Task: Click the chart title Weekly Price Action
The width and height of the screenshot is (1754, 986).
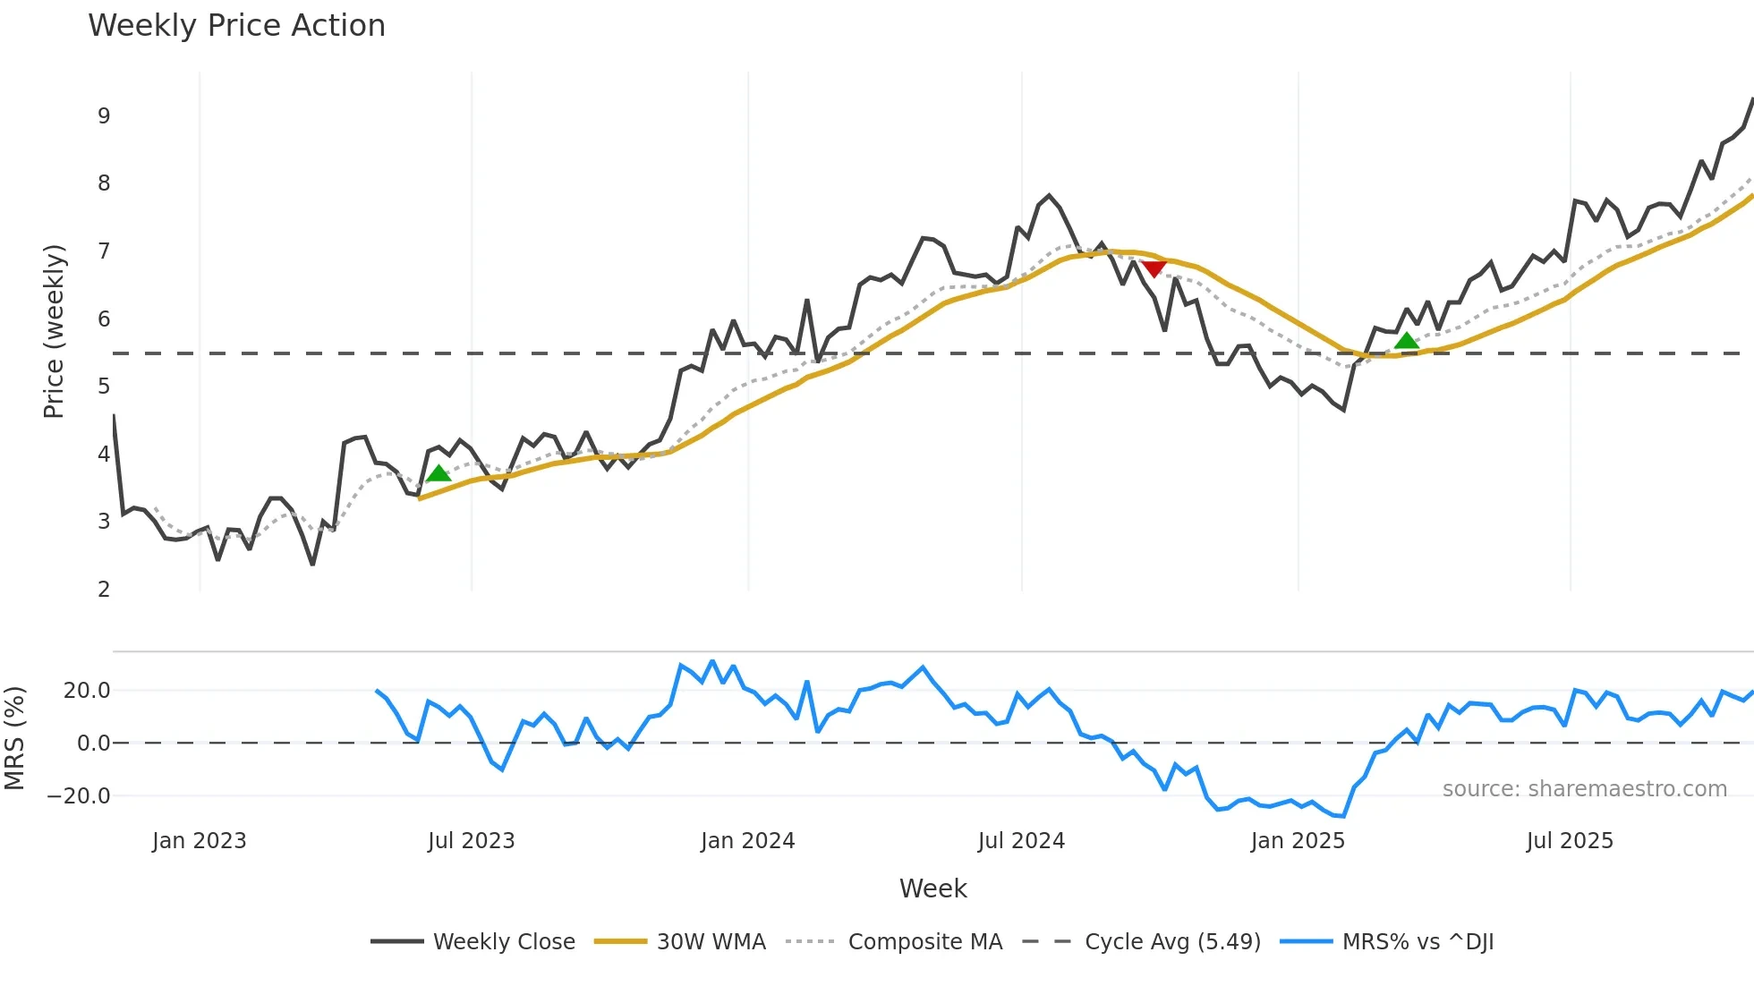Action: pos(236,26)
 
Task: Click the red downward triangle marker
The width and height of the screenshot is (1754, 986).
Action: pos(1154,268)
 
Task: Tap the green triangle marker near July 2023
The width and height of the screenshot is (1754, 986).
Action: pos(438,473)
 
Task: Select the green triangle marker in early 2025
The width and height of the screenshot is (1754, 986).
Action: pos(1407,340)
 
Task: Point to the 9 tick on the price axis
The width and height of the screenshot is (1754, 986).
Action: pos(104,116)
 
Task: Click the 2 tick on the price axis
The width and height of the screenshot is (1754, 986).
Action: pos(104,590)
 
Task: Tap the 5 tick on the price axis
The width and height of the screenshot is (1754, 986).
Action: pos(104,387)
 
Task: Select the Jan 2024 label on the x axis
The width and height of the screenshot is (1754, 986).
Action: pos(747,841)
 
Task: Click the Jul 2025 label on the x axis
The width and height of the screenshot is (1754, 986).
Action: pos(1570,841)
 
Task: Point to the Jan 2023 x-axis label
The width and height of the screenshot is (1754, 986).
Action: pos(199,841)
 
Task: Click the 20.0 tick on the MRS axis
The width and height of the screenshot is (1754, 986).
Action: pos(86,691)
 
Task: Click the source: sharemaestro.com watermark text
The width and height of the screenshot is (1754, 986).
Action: pos(1584,789)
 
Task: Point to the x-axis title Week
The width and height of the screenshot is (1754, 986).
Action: pos(932,888)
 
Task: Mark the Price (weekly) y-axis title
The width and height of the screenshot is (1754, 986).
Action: pos(54,331)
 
